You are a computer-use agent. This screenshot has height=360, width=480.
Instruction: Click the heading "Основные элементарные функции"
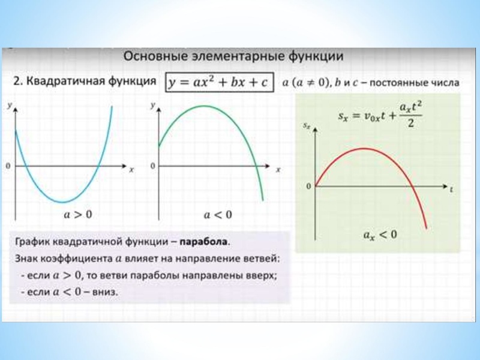[233, 56]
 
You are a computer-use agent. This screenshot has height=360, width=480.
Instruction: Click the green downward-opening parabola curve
[204, 107]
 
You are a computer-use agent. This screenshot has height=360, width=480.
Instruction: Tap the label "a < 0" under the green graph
[218, 214]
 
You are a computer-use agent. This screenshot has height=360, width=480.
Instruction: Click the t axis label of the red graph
[451, 188]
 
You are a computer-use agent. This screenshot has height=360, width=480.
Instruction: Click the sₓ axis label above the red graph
[308, 126]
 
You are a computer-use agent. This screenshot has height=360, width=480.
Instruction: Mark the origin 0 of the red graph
[309, 187]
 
